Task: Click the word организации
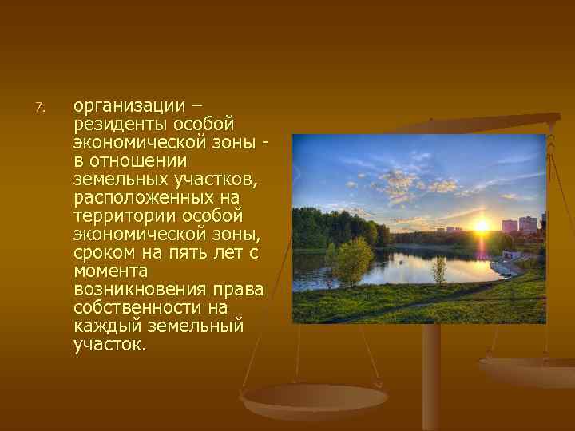pyautogui.click(x=128, y=106)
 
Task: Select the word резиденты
pyautogui.click(x=118, y=125)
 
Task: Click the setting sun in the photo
pyautogui.click(x=482, y=226)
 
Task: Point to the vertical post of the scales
pyautogui.click(x=431, y=375)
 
